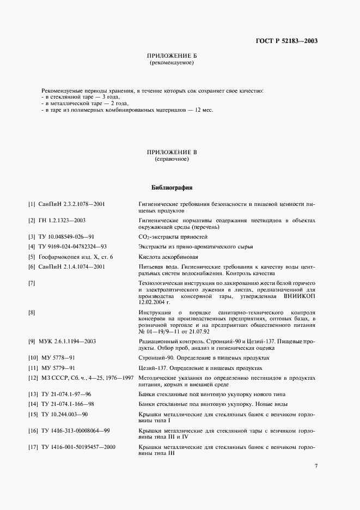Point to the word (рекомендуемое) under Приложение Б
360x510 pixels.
tap(172, 63)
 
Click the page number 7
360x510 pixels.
tap(316, 465)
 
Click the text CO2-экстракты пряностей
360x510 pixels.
tap(173, 237)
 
